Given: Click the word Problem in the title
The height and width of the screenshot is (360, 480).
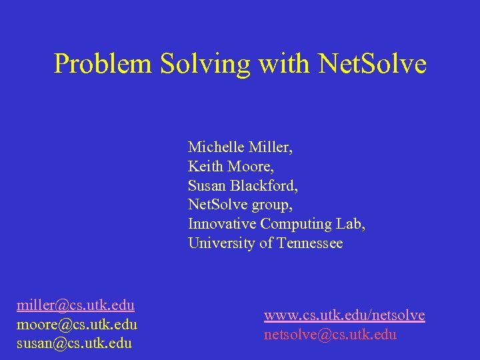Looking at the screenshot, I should click(x=103, y=64).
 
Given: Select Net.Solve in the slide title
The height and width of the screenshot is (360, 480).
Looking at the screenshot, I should click(x=372, y=64).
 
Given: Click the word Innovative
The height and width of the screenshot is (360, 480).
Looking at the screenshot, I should click(x=222, y=224).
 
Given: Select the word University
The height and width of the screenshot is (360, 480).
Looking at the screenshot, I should click(x=219, y=243).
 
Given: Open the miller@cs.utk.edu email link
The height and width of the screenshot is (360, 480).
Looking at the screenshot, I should click(x=75, y=305).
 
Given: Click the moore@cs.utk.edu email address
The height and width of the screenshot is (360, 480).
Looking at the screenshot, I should click(x=77, y=325).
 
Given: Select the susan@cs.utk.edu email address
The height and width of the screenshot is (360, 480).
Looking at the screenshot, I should click(x=74, y=344).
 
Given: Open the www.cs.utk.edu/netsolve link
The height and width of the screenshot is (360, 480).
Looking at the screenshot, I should click(x=344, y=315).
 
